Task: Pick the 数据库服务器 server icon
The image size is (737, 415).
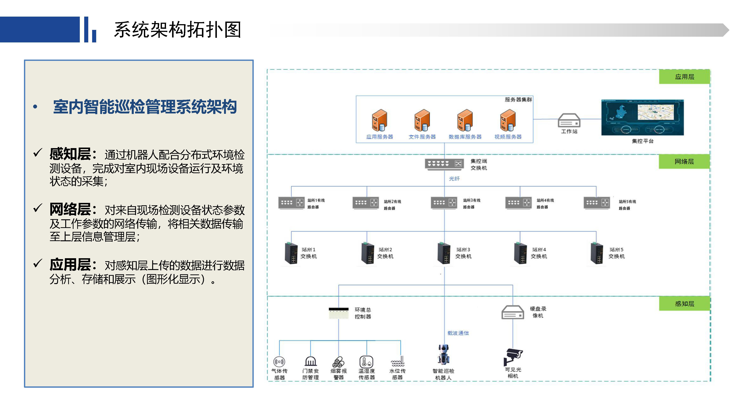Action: pos(465,120)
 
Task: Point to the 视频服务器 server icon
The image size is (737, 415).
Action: pos(508,120)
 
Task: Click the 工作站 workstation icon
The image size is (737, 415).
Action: pos(569,120)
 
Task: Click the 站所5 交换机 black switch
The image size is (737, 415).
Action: pos(597,253)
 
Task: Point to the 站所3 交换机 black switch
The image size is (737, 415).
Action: pos(444,253)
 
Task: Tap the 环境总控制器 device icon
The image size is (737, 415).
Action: pos(338,313)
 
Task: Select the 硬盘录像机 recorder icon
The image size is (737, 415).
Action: pos(513,312)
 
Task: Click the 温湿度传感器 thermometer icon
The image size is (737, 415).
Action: pos(366,362)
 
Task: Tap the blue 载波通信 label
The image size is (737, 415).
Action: pos(458,333)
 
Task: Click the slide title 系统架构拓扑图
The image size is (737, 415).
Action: pos(177,30)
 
